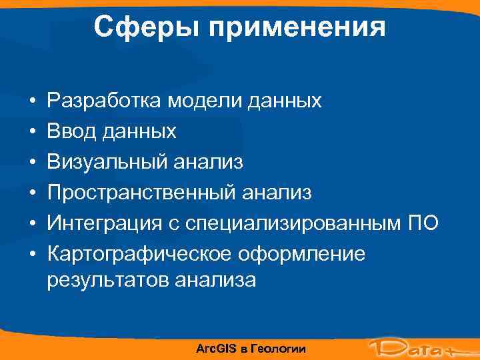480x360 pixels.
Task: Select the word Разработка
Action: tap(104, 101)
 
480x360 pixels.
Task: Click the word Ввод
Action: tap(70, 132)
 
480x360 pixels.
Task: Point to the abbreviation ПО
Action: tap(423, 223)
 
